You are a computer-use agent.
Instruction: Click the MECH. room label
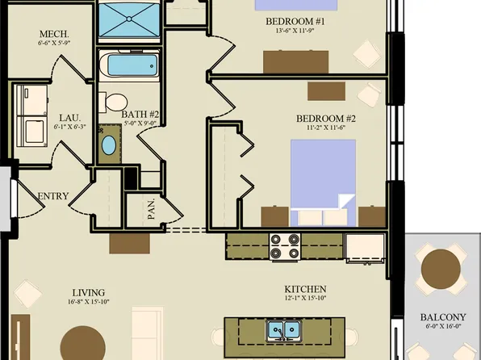pyautogui.click(x=54, y=34)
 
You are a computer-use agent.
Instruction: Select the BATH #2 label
pyautogui.click(x=140, y=115)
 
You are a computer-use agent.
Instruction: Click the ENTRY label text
pyautogui.click(x=53, y=196)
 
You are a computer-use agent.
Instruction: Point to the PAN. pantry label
pyautogui.click(x=151, y=211)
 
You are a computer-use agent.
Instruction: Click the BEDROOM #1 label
pyautogui.click(x=295, y=21)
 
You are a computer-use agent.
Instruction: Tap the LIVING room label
pyautogui.click(x=89, y=292)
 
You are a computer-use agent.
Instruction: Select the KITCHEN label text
pyautogui.click(x=304, y=289)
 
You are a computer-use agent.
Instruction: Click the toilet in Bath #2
pyautogui.click(x=114, y=101)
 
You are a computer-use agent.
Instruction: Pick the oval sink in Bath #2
pyautogui.click(x=108, y=147)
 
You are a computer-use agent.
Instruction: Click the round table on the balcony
pyautogui.click(x=442, y=269)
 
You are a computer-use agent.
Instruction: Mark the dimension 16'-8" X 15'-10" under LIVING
pyautogui.click(x=89, y=303)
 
